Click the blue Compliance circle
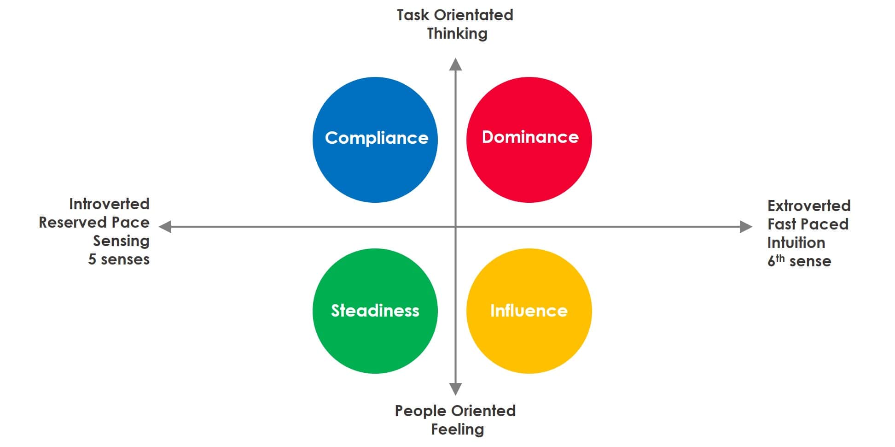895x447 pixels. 375,140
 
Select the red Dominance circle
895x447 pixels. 529,140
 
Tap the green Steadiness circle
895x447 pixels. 375,311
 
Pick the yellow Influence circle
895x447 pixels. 529,311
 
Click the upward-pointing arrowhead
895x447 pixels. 455,64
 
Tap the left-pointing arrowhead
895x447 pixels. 165,227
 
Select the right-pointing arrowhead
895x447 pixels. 746,227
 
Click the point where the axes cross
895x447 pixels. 455,227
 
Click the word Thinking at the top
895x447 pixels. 457,34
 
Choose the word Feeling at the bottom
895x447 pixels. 458,429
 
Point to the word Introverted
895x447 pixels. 109,204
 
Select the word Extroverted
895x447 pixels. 809,206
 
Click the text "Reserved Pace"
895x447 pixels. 94,223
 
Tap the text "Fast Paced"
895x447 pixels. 808,224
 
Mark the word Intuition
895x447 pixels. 796,242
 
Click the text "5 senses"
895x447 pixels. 119,259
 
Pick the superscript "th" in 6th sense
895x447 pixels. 780,258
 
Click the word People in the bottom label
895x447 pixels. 421,411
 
